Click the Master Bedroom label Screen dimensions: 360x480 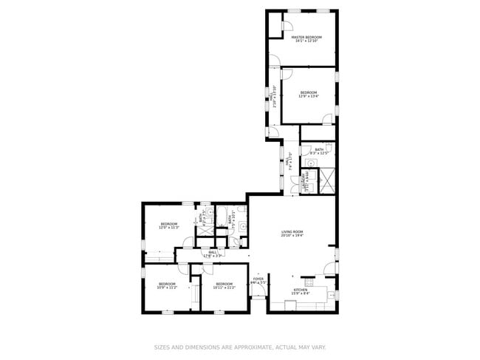[x=306, y=36]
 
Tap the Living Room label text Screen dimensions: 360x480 [x=292, y=232]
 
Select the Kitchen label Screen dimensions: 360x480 [x=301, y=290]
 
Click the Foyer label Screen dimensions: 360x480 [x=258, y=279]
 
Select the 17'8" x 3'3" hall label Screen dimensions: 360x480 [x=212, y=254]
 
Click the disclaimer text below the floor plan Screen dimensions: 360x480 [x=239, y=346]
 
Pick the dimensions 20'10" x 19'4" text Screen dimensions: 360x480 [x=292, y=236]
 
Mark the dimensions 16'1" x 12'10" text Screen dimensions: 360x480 [x=306, y=41]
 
